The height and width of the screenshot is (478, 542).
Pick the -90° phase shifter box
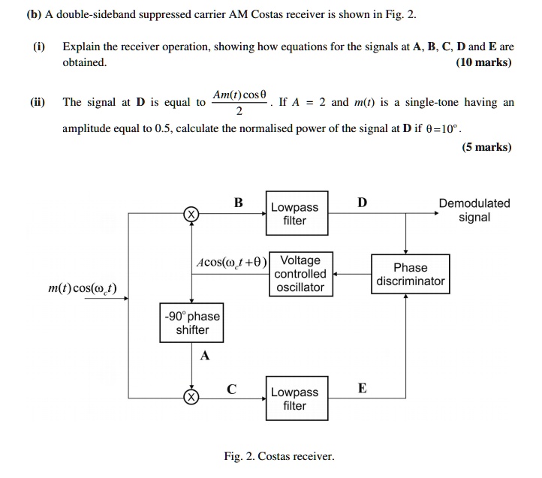pos(192,323)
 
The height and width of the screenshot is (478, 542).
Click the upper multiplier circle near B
pos(191,214)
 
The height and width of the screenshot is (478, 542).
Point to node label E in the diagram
pos(363,387)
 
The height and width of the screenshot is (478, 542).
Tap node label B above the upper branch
pos(238,202)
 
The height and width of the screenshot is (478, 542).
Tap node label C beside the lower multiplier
pos(232,388)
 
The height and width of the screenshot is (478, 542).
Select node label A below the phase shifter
pos(204,356)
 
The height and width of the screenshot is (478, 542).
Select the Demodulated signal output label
pos(474,210)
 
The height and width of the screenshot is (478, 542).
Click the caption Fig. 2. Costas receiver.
pos(279,455)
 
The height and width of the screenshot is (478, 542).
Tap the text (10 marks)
pos(483,62)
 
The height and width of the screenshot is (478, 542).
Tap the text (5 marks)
pos(486,147)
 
